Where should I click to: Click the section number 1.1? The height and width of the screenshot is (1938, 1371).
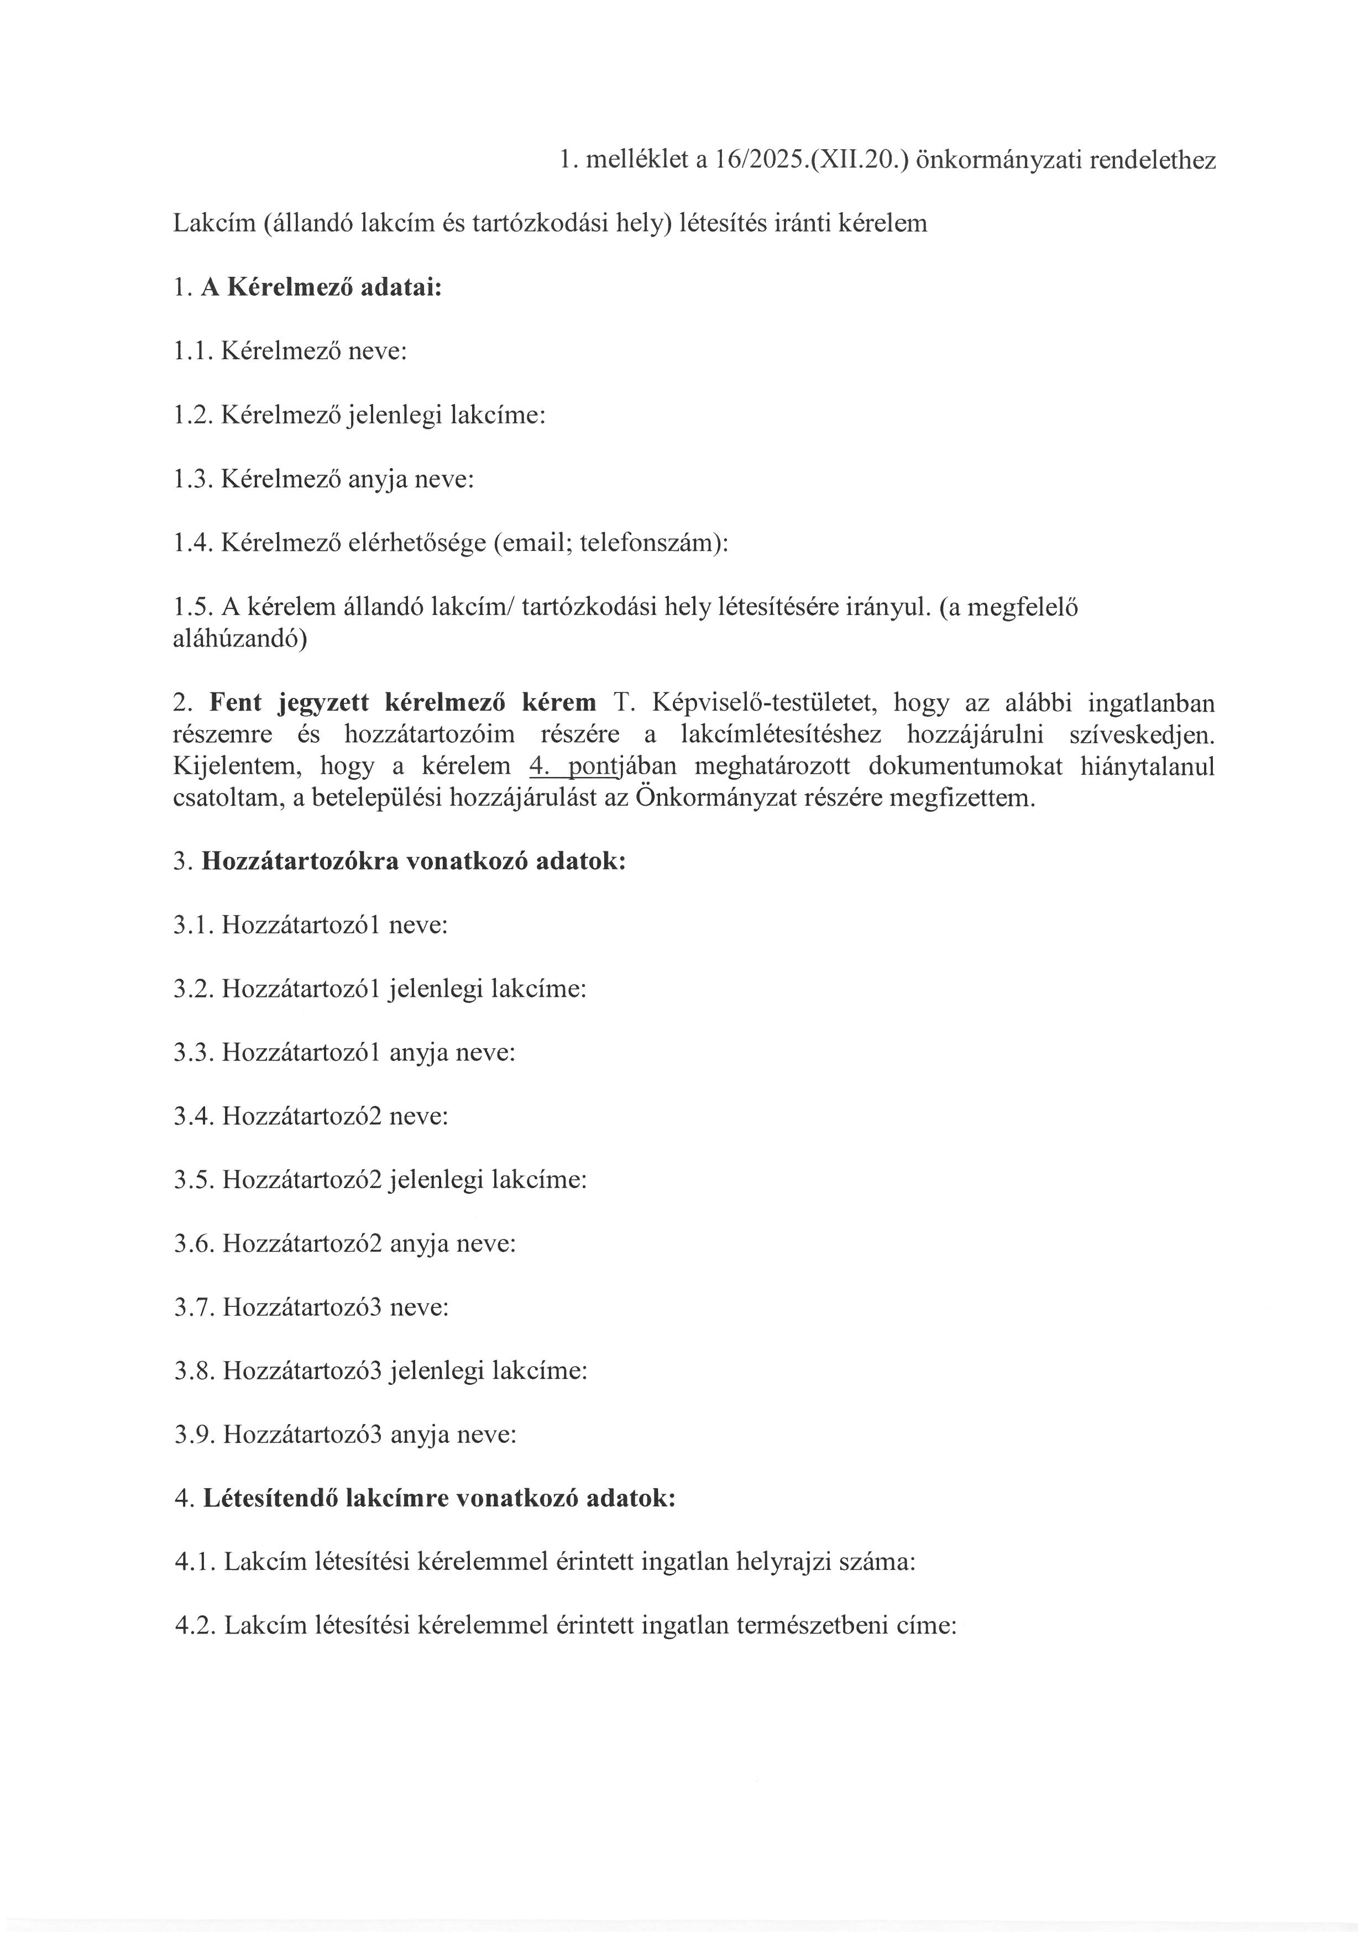click(x=193, y=351)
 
